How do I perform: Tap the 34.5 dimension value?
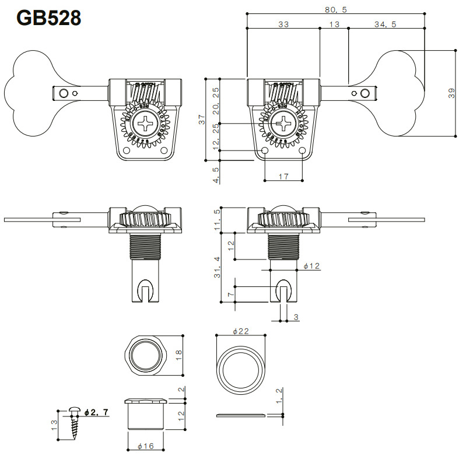pyautogui.click(x=386, y=24)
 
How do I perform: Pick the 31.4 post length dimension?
pyautogui.click(x=217, y=268)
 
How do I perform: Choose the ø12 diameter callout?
pyautogui.click(x=312, y=266)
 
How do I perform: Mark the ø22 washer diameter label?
pyautogui.click(x=241, y=331)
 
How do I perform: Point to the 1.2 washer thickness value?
pyautogui.click(x=279, y=396)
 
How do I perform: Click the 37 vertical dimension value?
pyautogui.click(x=202, y=119)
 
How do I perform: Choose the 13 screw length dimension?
pyautogui.click(x=54, y=425)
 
